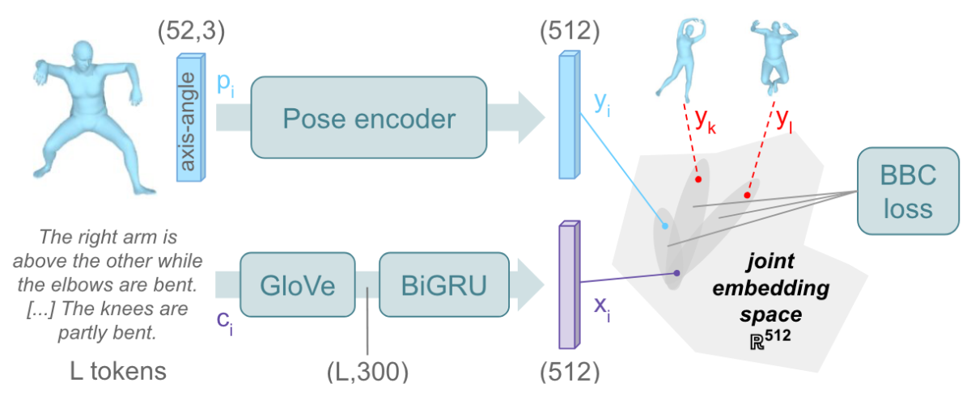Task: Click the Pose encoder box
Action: click(368, 119)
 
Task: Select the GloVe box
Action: click(298, 286)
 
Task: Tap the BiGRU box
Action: click(432, 286)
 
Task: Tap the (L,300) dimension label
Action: click(368, 373)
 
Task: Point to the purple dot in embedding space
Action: click(674, 273)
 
